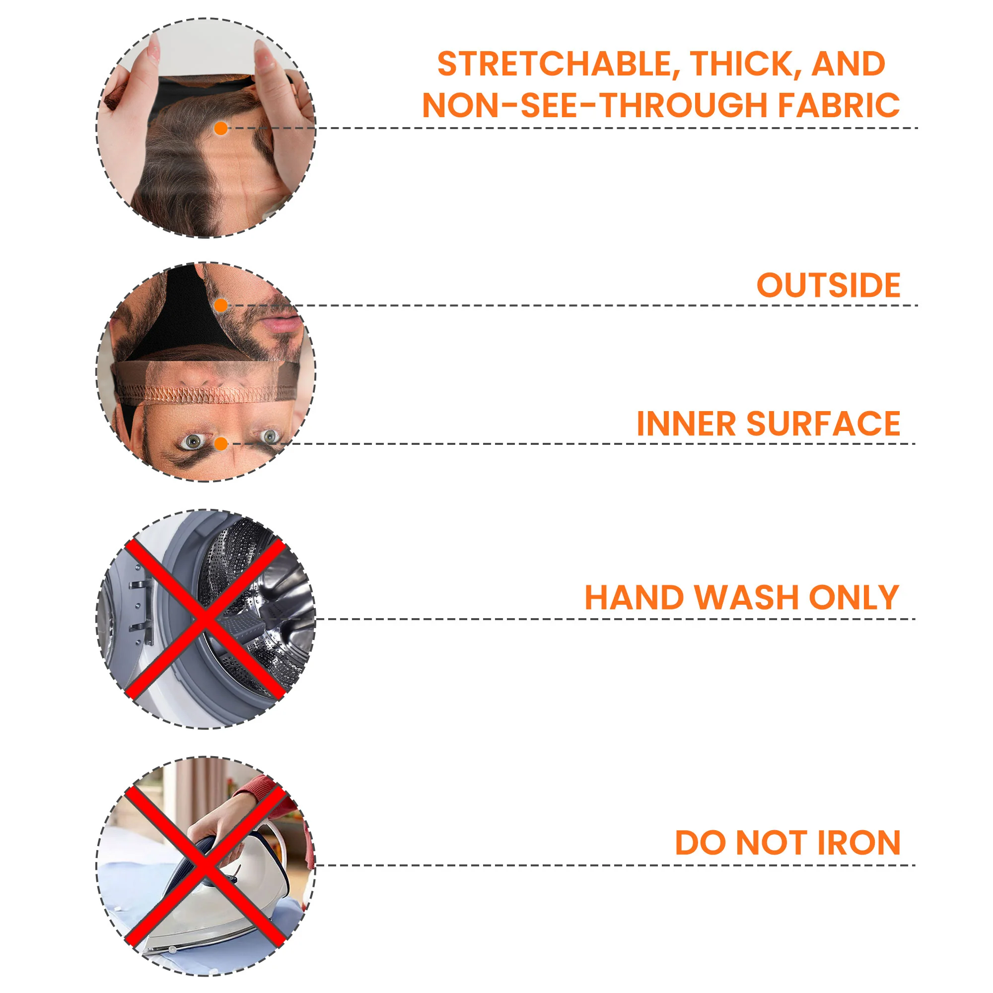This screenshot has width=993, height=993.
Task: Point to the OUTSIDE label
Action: (x=829, y=285)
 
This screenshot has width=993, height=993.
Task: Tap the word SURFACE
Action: (x=823, y=424)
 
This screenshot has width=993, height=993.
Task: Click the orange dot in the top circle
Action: (x=221, y=129)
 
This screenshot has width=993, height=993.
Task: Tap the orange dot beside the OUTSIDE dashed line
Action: (x=221, y=306)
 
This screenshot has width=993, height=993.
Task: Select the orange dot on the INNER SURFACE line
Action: (x=221, y=443)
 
